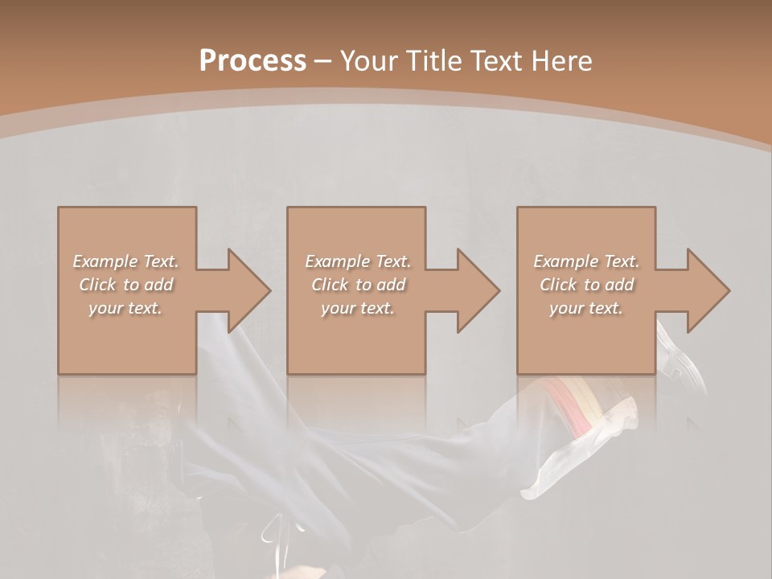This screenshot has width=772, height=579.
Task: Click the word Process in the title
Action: (x=253, y=61)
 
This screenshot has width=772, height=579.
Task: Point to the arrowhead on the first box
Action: (x=246, y=290)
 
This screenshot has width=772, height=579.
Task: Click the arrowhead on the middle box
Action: (x=476, y=290)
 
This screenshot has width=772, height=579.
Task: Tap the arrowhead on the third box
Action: (x=706, y=290)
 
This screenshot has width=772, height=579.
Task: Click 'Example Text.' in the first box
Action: (x=125, y=261)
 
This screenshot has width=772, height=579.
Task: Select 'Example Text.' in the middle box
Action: (x=358, y=261)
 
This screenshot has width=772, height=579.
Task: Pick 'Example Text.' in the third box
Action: (x=586, y=261)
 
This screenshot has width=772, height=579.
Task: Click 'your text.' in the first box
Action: (x=125, y=308)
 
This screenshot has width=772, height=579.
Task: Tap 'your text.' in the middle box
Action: (x=358, y=308)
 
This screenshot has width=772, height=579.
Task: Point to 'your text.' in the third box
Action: (x=586, y=308)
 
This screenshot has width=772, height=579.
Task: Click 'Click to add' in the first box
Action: (x=125, y=285)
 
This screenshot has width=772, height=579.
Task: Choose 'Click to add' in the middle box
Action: (x=358, y=285)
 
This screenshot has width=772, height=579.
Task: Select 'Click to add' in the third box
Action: (x=586, y=285)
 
